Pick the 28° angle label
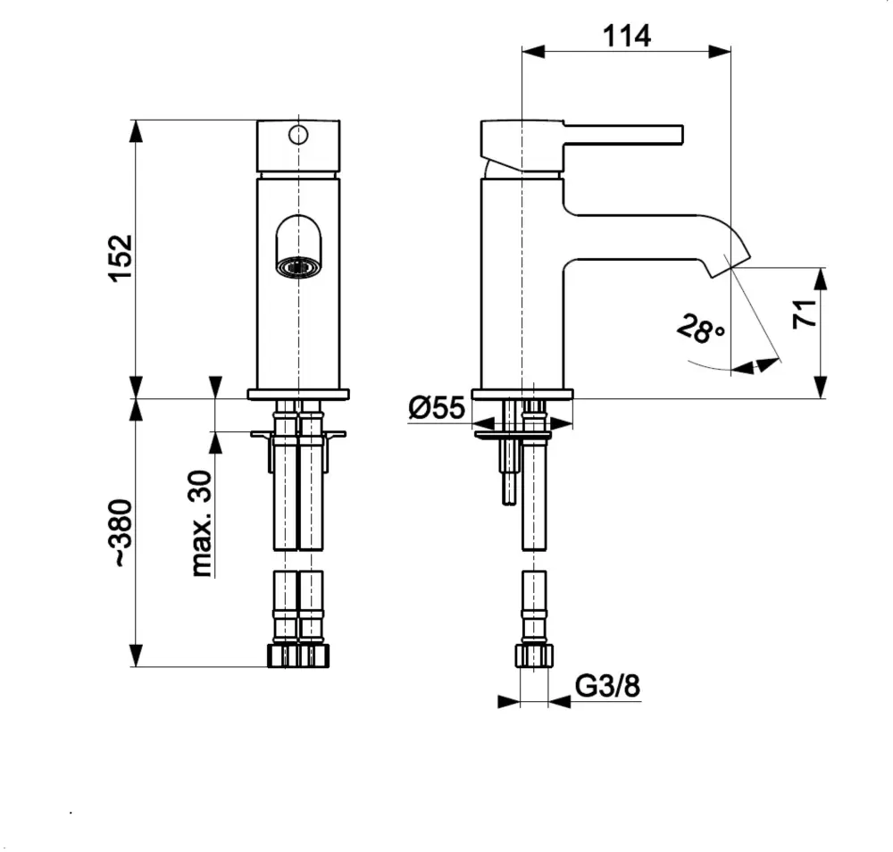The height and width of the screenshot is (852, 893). pyautogui.click(x=701, y=330)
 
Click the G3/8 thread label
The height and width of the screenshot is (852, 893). pyautogui.click(x=607, y=687)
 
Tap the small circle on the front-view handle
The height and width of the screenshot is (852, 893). pyautogui.click(x=297, y=136)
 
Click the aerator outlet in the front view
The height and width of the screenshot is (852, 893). pyautogui.click(x=297, y=266)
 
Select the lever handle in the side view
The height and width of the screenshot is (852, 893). pyautogui.click(x=625, y=134)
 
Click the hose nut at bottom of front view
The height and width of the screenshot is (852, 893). pyautogui.click(x=297, y=656)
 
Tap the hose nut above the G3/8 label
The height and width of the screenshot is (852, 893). pyautogui.click(x=534, y=656)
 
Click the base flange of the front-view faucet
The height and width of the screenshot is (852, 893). pyautogui.click(x=297, y=393)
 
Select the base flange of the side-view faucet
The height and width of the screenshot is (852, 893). pyautogui.click(x=522, y=393)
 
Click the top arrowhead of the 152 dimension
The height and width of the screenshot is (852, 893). pyautogui.click(x=136, y=130)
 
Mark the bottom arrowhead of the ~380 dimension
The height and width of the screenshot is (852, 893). pyautogui.click(x=136, y=656)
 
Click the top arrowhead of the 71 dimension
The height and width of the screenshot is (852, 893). pyautogui.click(x=822, y=277)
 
